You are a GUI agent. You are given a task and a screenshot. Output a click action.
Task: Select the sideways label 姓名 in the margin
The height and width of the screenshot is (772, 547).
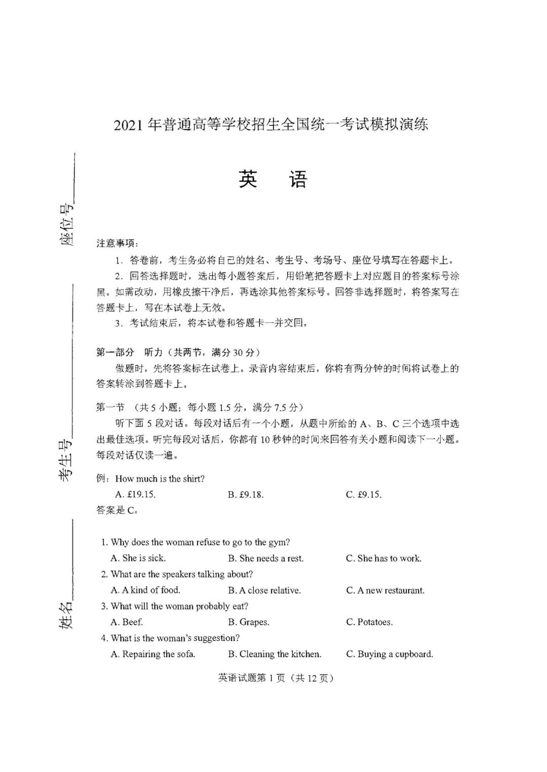pos(66,615)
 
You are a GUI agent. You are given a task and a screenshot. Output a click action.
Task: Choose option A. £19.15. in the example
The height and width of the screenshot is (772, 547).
pos(135,494)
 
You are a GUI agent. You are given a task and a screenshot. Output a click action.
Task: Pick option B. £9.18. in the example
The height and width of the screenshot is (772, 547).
pos(246,494)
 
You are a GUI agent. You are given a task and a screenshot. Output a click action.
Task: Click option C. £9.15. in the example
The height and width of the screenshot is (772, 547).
pos(364,494)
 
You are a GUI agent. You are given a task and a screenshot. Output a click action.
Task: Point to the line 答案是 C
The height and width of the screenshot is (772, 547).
pos(117,510)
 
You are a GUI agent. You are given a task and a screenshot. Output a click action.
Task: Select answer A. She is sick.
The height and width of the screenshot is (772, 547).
pos(138,558)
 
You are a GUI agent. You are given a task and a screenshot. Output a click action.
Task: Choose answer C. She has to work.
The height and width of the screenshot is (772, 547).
pos(383,558)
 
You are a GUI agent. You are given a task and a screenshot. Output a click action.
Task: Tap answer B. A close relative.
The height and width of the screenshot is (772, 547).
pos(264,590)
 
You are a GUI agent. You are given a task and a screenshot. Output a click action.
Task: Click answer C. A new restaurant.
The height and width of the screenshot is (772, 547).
pos(385,590)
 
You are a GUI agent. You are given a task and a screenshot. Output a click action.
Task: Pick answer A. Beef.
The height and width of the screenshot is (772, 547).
pos(127,622)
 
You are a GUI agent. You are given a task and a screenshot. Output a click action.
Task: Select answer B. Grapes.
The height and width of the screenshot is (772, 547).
pos(248,622)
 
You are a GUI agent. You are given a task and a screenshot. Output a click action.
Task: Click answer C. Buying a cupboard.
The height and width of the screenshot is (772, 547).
pos(389,654)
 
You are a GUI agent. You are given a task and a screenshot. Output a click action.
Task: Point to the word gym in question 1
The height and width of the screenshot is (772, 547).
pos(278,542)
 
